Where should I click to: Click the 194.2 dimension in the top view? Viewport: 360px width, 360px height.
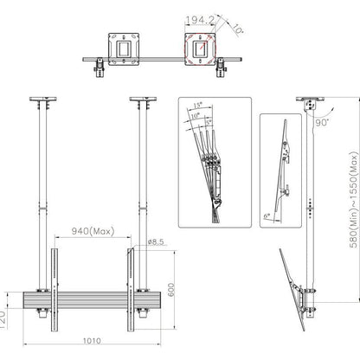[199, 17]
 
